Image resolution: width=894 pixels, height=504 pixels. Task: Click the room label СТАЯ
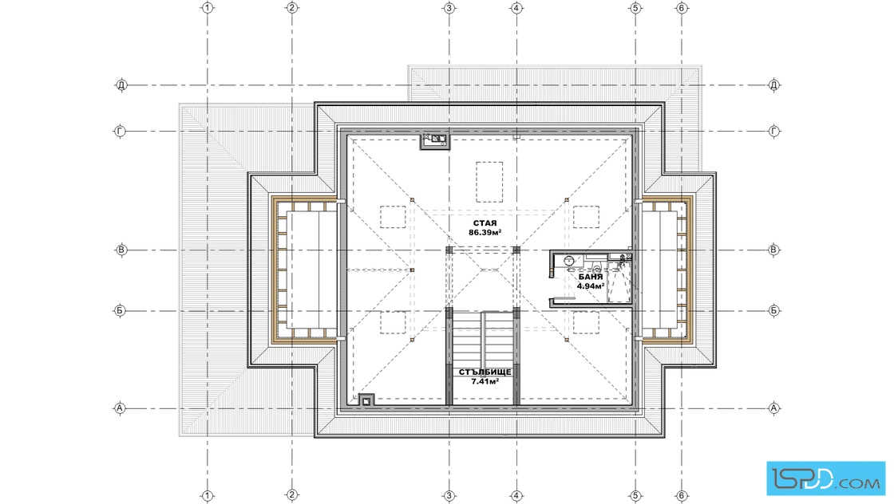click(485, 223)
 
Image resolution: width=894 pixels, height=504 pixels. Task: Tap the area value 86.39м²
click(485, 232)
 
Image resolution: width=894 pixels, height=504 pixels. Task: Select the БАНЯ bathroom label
click(591, 277)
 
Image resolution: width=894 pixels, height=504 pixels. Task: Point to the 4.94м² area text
click(591, 285)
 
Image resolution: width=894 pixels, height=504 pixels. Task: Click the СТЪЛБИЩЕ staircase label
click(485, 372)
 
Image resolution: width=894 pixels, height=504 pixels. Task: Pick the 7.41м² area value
click(485, 381)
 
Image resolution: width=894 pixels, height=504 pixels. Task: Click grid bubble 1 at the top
click(208, 8)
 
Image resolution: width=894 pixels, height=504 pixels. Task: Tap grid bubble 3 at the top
click(449, 8)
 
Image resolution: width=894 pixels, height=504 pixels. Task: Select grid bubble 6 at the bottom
click(682, 495)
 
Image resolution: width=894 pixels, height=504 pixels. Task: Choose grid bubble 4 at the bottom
click(516, 495)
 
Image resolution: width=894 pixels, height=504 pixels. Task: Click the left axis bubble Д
click(121, 85)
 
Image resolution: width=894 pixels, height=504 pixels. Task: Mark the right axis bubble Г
click(773, 132)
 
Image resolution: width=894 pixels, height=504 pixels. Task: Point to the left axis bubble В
click(121, 250)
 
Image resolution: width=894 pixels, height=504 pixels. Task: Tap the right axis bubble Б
click(773, 311)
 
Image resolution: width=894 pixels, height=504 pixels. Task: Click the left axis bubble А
click(120, 408)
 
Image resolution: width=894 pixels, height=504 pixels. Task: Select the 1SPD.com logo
click(825, 478)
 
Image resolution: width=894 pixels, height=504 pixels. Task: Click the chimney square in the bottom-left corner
click(366, 400)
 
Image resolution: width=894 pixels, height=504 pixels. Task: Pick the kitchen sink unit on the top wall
click(435, 141)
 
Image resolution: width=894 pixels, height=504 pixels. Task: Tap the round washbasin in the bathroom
click(568, 261)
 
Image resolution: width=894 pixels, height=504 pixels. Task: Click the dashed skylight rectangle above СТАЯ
click(489, 183)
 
